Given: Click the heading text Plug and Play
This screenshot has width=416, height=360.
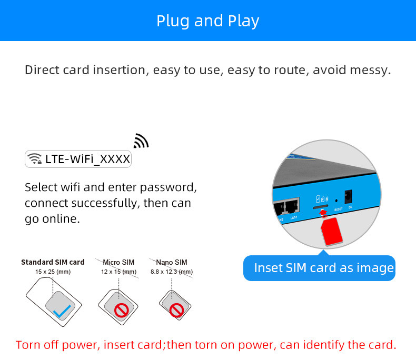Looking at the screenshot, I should (x=207, y=21).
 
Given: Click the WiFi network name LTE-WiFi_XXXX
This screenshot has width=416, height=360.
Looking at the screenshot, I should (x=87, y=159).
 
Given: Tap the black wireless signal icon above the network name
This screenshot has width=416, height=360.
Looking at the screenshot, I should (x=141, y=141).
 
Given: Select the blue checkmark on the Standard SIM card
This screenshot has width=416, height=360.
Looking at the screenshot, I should (x=62, y=312).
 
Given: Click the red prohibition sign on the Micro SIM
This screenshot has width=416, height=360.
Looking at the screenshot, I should (x=122, y=311).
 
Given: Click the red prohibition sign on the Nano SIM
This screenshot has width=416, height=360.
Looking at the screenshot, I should (x=177, y=310).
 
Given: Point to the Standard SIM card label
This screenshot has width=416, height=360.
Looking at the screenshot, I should (x=53, y=262).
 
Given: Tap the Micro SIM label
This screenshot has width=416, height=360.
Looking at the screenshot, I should (x=118, y=262).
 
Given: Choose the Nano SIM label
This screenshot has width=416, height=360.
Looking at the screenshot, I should (x=171, y=262).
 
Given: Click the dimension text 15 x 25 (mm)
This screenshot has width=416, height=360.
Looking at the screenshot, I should (x=53, y=272).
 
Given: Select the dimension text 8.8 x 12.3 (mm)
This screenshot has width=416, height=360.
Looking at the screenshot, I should (x=172, y=272).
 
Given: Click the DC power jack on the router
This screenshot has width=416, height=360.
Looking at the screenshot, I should (x=348, y=198).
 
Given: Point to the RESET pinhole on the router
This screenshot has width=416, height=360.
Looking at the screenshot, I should (x=336, y=201).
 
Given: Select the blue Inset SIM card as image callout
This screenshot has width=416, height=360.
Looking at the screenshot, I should (x=319, y=268).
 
